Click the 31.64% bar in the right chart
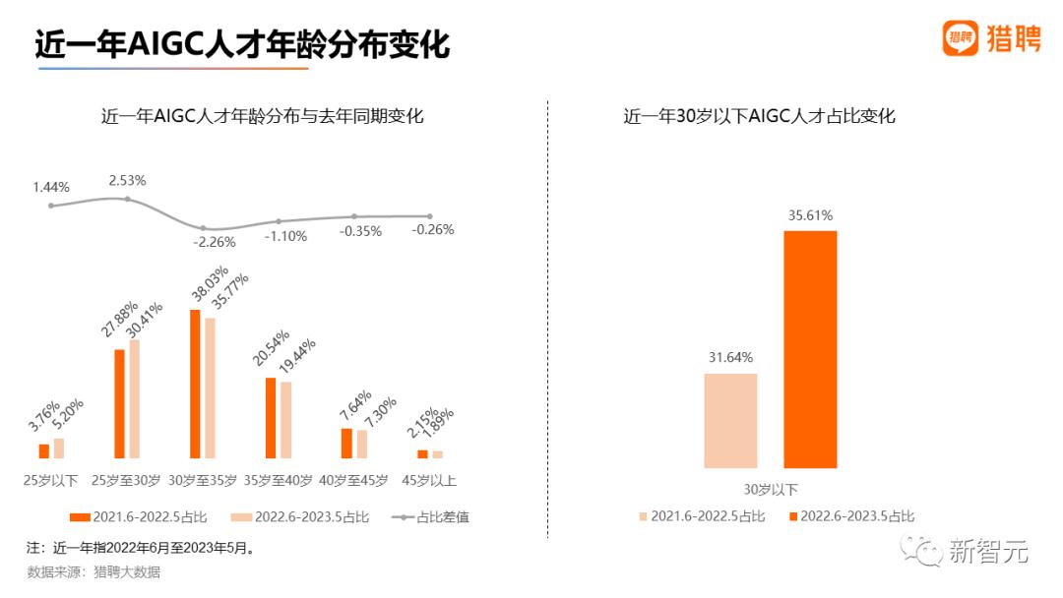tap(730, 420)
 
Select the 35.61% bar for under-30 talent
tap(810, 349)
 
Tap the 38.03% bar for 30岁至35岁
tap(195, 384)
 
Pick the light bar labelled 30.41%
tap(135, 398)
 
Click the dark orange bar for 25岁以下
tap(44, 450)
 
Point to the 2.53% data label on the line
tap(127, 180)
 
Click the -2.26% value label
tap(215, 242)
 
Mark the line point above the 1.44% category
tap(52, 206)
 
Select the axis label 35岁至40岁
tap(279, 481)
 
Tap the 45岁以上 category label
tap(429, 481)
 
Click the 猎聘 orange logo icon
tap(960, 38)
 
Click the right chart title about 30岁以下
tap(759, 116)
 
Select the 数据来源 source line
tap(94, 571)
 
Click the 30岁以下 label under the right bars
tap(771, 489)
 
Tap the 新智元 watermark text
tap(989, 553)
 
